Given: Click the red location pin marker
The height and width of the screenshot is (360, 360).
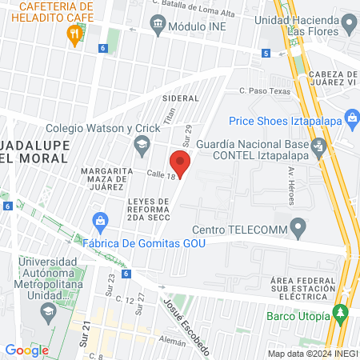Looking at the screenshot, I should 181,162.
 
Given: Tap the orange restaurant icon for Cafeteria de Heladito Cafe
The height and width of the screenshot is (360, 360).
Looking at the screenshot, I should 74,34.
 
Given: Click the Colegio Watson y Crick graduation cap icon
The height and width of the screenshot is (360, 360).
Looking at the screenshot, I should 142,143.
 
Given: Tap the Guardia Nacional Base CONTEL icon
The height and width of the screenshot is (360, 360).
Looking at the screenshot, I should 319,146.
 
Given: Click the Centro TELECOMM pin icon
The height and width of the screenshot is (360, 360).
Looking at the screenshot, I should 298,230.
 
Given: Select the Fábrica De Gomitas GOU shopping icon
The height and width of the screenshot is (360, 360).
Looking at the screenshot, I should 101,219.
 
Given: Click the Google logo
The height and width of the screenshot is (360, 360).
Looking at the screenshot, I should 26,350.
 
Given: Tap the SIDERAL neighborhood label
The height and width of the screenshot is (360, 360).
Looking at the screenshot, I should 179,98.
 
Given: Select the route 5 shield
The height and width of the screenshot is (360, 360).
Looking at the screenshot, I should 265,54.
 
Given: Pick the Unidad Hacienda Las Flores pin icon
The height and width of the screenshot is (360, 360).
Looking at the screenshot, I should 348,25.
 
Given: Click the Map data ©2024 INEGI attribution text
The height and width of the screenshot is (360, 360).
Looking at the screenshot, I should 311,353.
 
